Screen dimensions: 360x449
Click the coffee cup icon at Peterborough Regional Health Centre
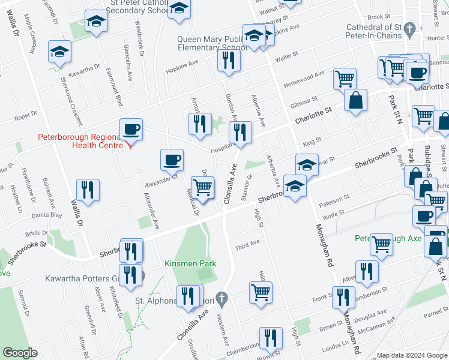pos(130,129)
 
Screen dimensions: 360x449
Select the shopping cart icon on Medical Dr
pos(202,187)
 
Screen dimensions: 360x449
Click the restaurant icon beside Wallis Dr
pos(88,190)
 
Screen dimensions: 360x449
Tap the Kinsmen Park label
pos(190,263)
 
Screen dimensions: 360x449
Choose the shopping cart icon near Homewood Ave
pos(345,79)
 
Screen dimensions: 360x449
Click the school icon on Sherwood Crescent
pos(59,52)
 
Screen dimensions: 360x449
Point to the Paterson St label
pos(334,199)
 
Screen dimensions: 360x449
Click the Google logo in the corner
pos(20,352)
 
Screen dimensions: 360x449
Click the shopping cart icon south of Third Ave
pos(261,293)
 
